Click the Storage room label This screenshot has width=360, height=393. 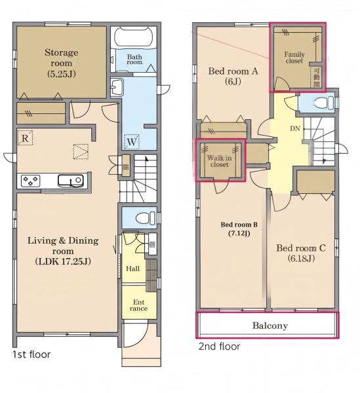pyautogui.click(x=62, y=63)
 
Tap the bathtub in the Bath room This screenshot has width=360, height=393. pyautogui.click(x=134, y=37)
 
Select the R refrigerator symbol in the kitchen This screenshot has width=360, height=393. pyautogui.click(x=25, y=138)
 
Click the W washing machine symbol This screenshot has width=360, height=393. pyautogui.click(x=131, y=142)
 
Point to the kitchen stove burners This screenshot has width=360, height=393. pyautogui.click(x=30, y=181)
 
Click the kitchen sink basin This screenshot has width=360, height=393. pyautogui.click(x=71, y=181)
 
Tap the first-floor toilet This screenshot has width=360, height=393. pyautogui.click(x=146, y=218)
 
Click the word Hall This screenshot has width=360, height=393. pyautogui.click(x=132, y=269)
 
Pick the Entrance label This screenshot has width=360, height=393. pyautogui.click(x=139, y=305)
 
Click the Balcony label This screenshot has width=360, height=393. pyautogui.click(x=270, y=326)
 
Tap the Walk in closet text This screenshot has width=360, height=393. pyautogui.click(x=219, y=161)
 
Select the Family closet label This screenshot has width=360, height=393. pyautogui.click(x=294, y=58)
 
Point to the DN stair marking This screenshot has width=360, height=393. pyautogui.click(x=295, y=128)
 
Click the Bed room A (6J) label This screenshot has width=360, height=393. pyautogui.click(x=233, y=76)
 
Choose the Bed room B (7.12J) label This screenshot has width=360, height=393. pyautogui.click(x=239, y=229)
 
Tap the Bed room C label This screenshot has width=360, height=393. pyautogui.click(x=301, y=253)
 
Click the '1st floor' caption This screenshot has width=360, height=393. pyautogui.click(x=31, y=354)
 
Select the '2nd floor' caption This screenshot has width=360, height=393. pyautogui.click(x=219, y=346)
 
